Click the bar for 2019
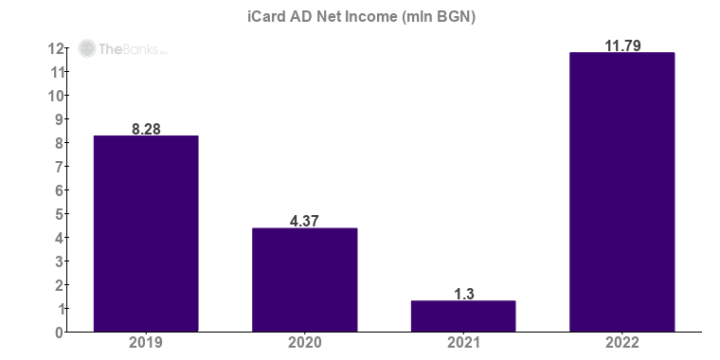tap(145, 234)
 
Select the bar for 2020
tap(304, 280)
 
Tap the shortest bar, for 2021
tap(463, 316)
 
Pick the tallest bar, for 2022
tap(621, 192)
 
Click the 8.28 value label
tap(145, 129)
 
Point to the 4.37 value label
tap(304, 222)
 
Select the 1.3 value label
tap(463, 294)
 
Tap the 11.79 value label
tap(621, 45)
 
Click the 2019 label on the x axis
tap(145, 343)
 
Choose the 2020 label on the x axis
tap(304, 343)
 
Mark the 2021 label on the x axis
tap(463, 343)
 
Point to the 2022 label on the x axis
tap(621, 343)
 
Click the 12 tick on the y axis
tap(56, 48)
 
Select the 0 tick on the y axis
tap(59, 333)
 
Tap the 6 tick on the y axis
tap(59, 190)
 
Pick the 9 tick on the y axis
tap(59, 119)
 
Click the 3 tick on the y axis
tap(59, 261)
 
